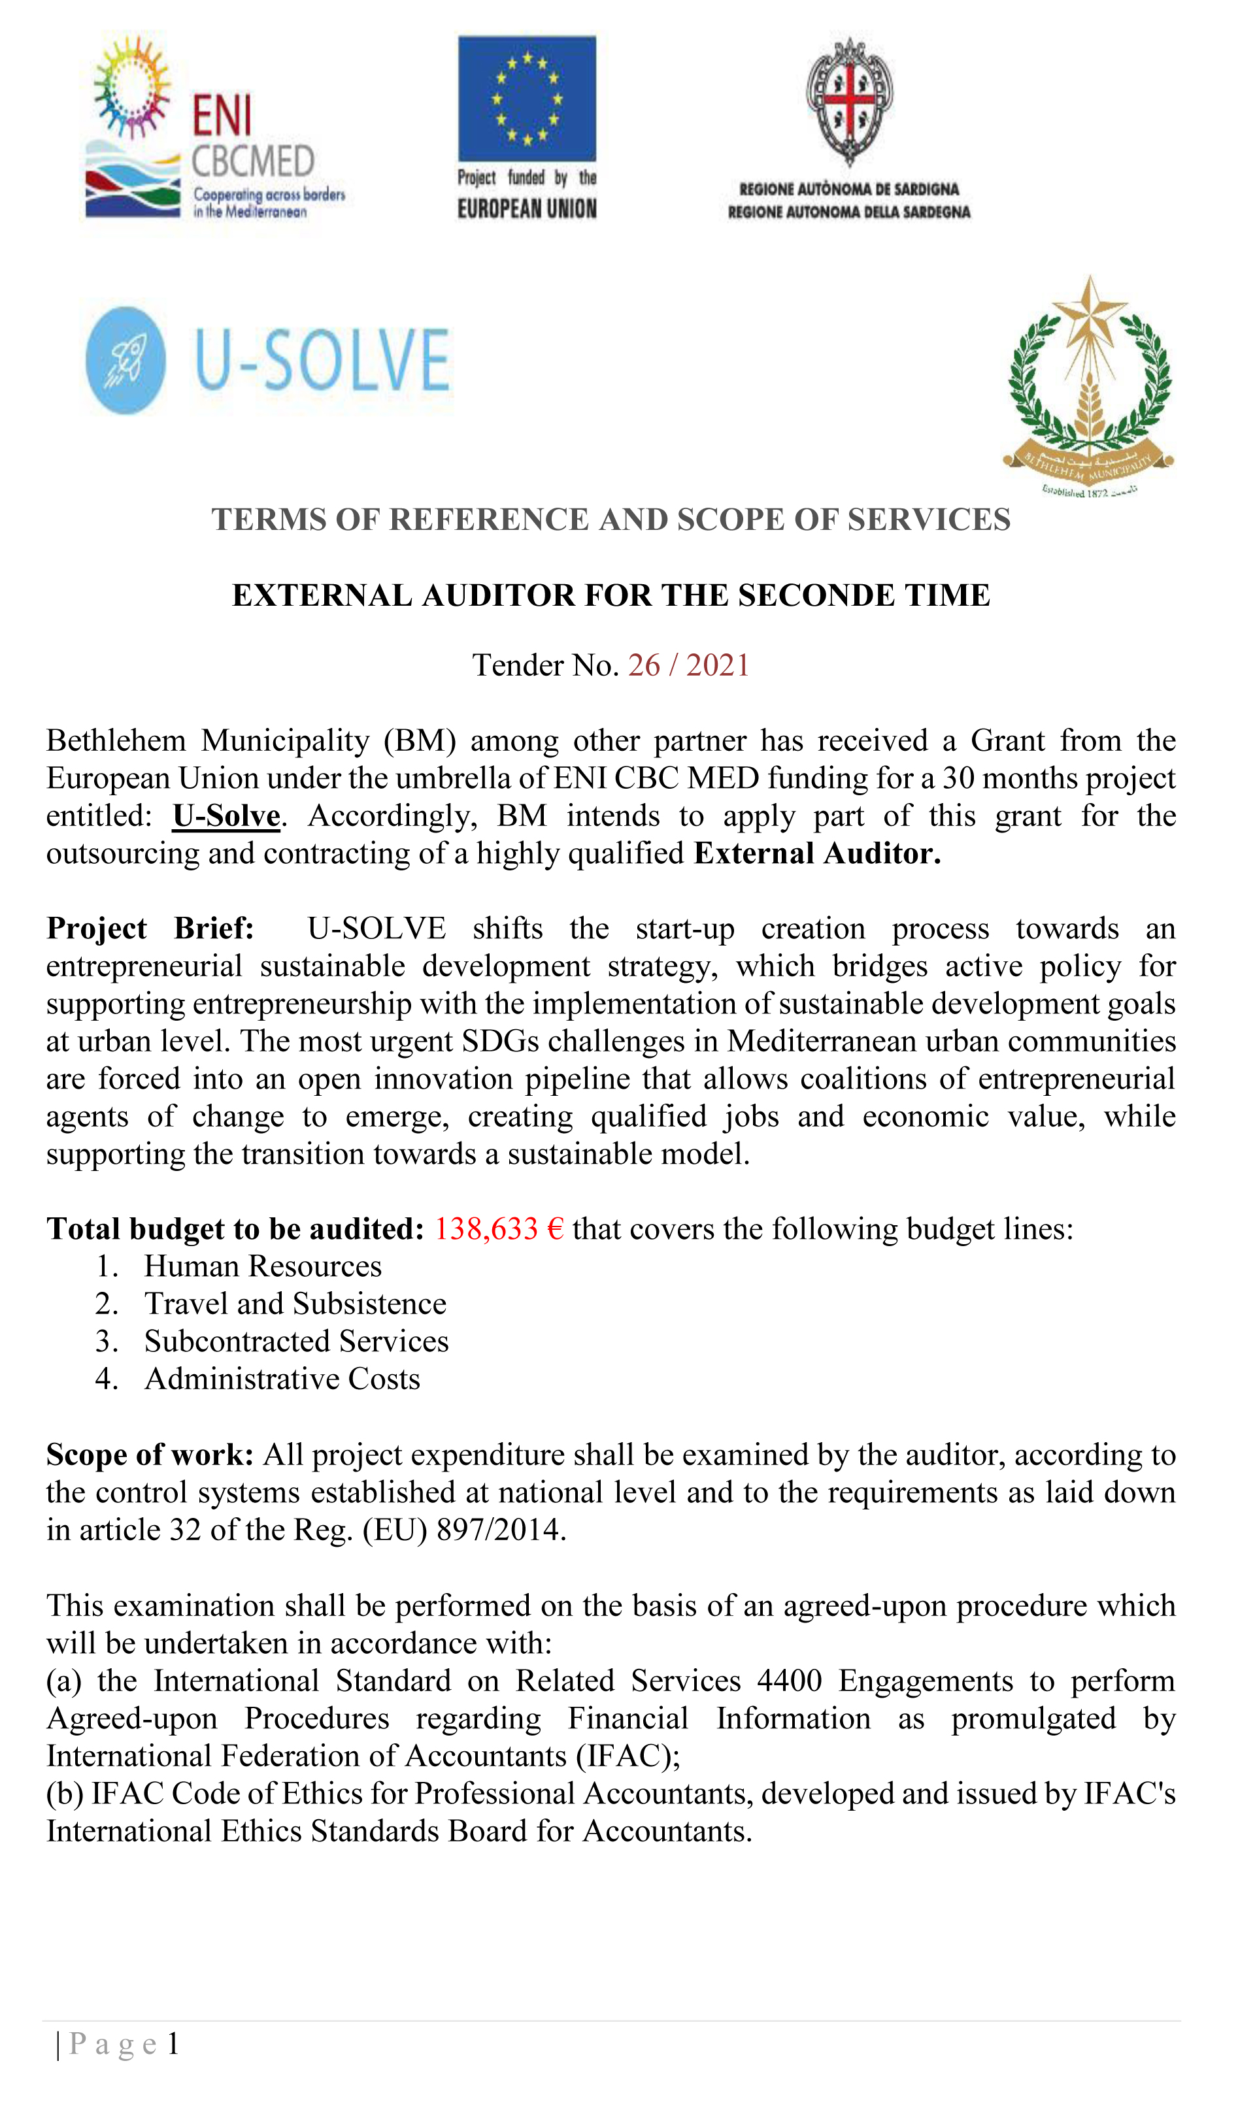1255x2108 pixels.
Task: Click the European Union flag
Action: tap(527, 98)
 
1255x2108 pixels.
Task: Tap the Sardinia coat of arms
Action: tap(849, 101)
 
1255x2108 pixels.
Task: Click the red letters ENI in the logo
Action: tap(222, 115)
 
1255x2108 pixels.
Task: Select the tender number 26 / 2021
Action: tap(688, 665)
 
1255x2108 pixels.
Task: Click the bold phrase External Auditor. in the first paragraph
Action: tap(817, 853)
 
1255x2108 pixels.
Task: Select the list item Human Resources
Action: tap(263, 1266)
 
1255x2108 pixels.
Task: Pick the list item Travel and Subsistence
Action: tap(295, 1304)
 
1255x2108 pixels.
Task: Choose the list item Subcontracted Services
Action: tap(296, 1342)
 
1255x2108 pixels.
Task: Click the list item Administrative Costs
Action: tap(282, 1379)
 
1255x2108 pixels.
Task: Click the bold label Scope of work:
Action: tap(150, 1455)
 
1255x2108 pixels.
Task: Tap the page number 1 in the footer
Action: tap(173, 2044)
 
